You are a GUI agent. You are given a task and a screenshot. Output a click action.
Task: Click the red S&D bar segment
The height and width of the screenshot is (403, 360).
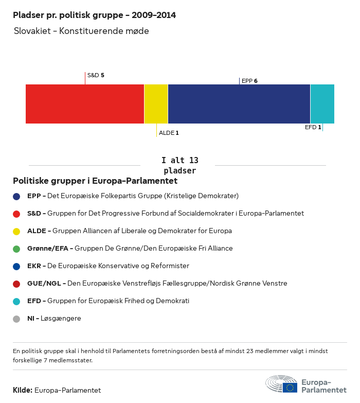85,104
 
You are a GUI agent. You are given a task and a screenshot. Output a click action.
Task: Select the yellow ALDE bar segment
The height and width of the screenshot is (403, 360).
156,104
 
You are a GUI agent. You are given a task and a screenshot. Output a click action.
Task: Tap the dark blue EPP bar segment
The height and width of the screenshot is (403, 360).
239,104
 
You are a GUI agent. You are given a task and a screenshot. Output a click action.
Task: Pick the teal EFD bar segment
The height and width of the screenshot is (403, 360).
322,104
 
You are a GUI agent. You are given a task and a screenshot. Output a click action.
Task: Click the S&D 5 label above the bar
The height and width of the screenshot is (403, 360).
96,75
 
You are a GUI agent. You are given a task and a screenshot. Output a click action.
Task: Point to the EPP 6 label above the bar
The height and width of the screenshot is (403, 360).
249,81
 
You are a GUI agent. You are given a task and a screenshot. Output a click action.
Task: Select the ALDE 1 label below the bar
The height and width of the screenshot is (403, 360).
169,133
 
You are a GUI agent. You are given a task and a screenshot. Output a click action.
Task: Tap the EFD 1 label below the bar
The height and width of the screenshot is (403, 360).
313,127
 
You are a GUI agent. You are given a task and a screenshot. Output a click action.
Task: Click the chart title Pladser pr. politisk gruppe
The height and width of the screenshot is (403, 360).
94,15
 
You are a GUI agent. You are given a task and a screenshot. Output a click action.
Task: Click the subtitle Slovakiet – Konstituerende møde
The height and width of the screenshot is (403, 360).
81,31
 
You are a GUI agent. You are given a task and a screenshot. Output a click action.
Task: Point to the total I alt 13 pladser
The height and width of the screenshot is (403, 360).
179,165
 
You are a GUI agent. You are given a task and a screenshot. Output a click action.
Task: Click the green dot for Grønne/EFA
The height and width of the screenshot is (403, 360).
16,249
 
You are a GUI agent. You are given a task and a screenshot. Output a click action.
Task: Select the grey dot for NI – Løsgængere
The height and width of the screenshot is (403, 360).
16,319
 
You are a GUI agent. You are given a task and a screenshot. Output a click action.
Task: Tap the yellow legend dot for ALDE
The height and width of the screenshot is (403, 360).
16,231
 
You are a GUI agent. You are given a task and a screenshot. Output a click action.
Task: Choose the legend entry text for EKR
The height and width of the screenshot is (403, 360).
108,266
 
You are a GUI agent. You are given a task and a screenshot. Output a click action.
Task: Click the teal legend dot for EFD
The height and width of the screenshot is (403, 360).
16,301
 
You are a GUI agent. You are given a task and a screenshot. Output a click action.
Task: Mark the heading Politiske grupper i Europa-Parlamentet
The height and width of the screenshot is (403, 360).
95,181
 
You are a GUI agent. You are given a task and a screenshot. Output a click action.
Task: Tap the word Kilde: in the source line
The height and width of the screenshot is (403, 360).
23,390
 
